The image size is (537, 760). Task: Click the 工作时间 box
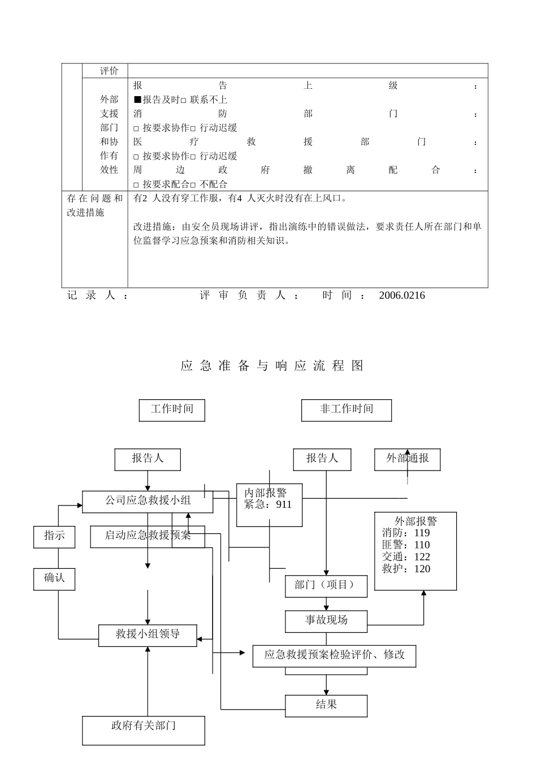click(172, 410)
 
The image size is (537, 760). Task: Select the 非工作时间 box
click(347, 410)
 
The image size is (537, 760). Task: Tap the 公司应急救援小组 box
click(148, 502)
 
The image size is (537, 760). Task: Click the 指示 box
click(54, 536)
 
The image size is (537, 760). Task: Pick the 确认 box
click(54, 578)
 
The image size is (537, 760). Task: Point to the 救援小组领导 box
click(148, 635)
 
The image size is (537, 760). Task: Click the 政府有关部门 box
click(143, 730)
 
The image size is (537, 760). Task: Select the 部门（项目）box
click(326, 586)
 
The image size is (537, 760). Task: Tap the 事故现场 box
click(326, 621)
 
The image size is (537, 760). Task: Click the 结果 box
click(326, 706)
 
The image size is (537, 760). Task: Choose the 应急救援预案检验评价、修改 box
click(335, 655)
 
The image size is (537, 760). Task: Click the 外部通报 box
click(407, 459)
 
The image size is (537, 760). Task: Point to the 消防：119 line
click(406, 533)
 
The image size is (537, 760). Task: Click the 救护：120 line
click(406, 569)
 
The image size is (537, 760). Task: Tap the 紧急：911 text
click(268, 505)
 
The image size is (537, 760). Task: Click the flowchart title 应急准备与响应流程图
click(272, 366)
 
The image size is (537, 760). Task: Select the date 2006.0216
click(402, 296)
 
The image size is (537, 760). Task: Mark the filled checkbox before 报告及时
click(137, 100)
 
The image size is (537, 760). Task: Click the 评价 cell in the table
click(109, 71)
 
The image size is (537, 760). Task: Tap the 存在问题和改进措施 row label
click(94, 205)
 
